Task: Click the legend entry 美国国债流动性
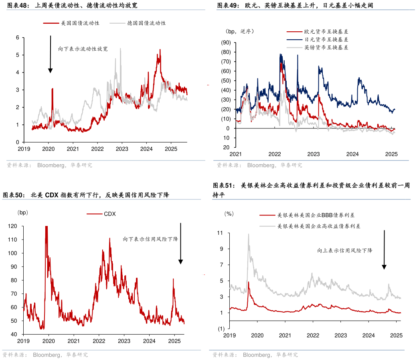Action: pos(80,23)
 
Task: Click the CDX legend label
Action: pos(109,214)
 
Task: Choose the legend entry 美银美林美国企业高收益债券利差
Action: pos(319,226)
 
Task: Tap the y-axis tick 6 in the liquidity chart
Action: pos(17,37)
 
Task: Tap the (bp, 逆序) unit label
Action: pos(239,31)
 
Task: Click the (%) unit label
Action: pos(229,214)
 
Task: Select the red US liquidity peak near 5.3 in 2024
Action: pos(160,50)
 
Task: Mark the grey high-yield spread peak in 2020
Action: pos(248,234)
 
